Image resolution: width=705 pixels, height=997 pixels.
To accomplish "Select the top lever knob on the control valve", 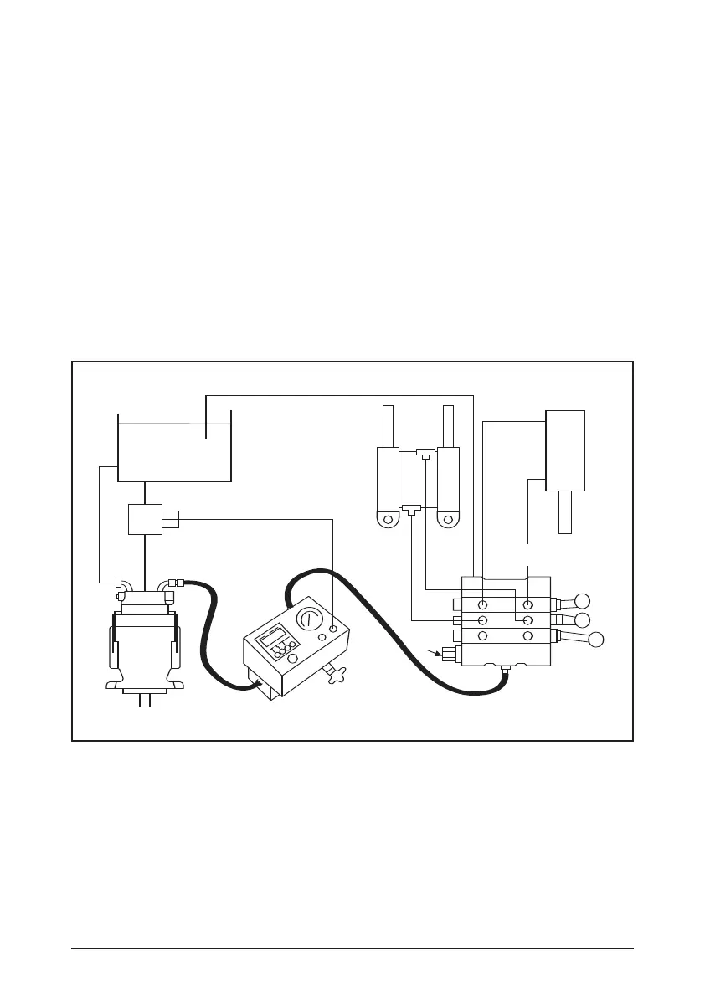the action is (x=584, y=600).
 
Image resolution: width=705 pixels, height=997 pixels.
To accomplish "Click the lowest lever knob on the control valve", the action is (x=595, y=641).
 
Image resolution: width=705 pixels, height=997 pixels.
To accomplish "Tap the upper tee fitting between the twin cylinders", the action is (x=426, y=453).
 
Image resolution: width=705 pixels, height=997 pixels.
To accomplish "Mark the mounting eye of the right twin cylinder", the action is (x=449, y=519).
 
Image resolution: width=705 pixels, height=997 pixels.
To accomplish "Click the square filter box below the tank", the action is (x=145, y=520).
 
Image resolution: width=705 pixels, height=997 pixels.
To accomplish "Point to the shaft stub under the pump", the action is (x=145, y=701).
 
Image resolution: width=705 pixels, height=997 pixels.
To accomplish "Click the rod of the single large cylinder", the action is (x=565, y=511).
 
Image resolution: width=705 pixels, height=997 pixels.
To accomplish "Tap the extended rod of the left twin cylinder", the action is (x=388, y=426).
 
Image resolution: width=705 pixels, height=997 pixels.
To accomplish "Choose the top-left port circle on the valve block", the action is (x=484, y=604).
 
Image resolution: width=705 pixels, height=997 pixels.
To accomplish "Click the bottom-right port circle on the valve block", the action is (x=527, y=635).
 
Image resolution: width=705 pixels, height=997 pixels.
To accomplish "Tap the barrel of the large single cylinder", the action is (x=565, y=450).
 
